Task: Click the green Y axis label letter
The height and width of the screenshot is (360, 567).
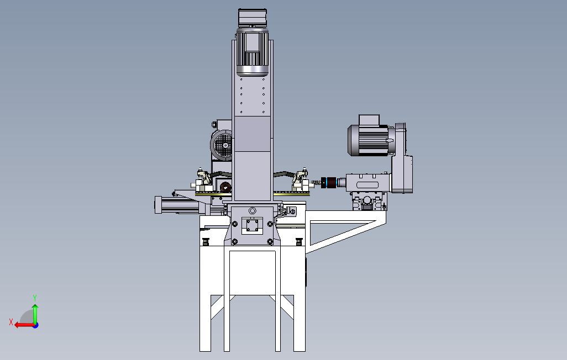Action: tap(35, 298)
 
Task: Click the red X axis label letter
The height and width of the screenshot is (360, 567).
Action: tap(11, 322)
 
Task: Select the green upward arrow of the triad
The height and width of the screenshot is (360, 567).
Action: tap(35, 314)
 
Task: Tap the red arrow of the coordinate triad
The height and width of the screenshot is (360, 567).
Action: tap(25, 325)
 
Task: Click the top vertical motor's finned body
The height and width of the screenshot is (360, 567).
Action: tap(253, 53)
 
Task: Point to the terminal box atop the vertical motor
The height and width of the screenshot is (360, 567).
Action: tap(253, 18)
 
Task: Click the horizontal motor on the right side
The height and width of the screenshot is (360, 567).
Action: tap(369, 140)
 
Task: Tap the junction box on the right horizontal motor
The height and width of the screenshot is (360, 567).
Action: tap(369, 120)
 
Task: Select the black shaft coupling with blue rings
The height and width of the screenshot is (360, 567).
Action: tap(329, 183)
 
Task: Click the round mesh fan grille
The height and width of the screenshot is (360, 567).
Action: tap(222, 145)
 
